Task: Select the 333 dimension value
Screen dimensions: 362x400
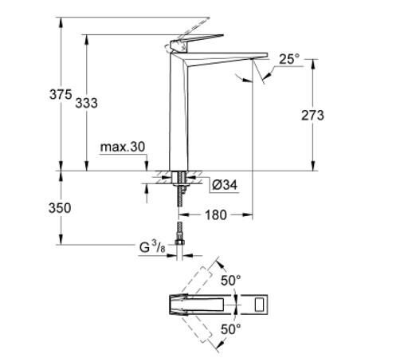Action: [88, 103]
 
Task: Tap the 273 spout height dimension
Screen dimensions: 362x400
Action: [312, 115]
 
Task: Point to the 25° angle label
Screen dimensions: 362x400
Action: [289, 58]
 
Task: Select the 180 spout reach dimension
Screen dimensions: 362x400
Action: [216, 214]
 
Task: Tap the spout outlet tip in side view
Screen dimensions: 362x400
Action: [258, 57]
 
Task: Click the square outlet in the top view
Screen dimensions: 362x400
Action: [260, 304]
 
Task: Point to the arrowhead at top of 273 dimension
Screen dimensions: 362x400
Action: [312, 61]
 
